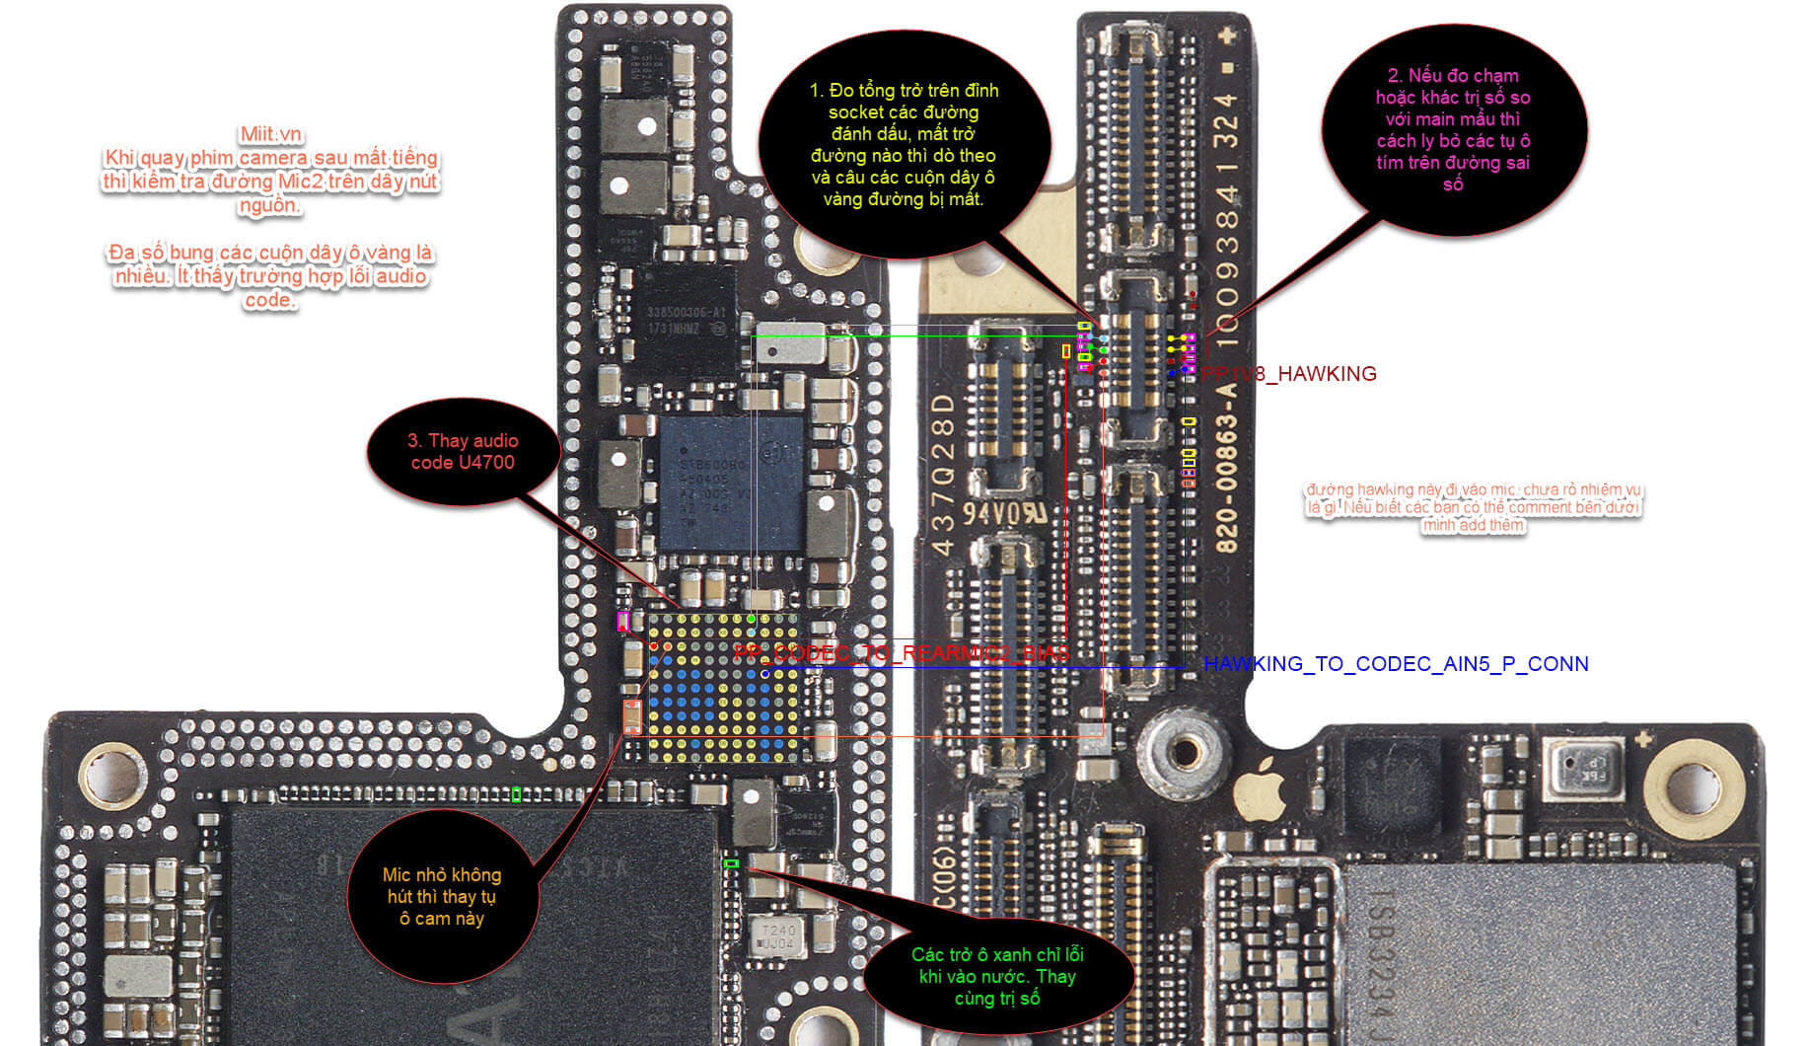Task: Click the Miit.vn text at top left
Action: (x=271, y=134)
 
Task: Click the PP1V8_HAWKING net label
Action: (x=1289, y=374)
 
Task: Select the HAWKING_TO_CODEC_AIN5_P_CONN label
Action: (x=1396, y=664)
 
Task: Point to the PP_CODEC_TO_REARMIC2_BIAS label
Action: (x=902, y=653)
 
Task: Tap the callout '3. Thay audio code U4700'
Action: (x=463, y=452)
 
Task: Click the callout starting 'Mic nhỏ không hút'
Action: (x=442, y=896)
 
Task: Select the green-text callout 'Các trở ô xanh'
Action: (x=997, y=976)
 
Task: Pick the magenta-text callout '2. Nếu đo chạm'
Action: (x=1453, y=129)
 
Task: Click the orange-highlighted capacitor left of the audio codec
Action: (x=631, y=716)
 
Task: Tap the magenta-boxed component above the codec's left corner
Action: (x=622, y=621)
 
